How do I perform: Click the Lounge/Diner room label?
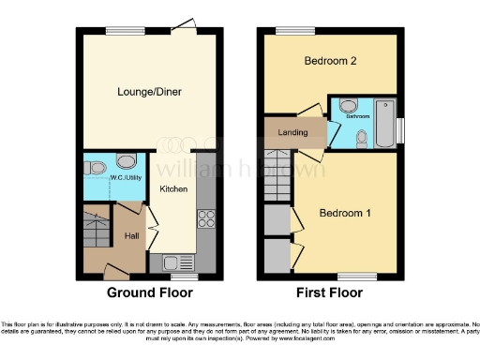click(150, 92)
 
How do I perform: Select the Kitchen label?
click(173, 189)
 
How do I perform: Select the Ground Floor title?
click(149, 292)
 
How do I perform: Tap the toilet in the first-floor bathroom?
click(362, 138)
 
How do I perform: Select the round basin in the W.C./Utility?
click(127, 160)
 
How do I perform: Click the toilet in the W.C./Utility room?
click(95, 167)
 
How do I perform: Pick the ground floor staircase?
click(97, 230)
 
